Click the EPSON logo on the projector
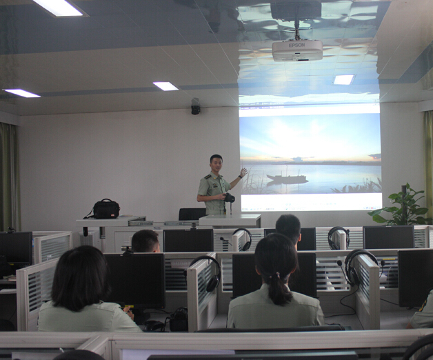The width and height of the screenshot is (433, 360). pos(296,45)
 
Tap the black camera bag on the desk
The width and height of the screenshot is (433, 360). pos(106,208)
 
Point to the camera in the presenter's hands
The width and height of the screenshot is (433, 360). pos(229,198)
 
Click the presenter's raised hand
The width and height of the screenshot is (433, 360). pos(243,172)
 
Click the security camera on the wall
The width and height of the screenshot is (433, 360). pos(195,106)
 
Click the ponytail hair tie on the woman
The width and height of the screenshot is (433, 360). pos(277,274)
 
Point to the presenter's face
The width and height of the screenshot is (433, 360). pos(216,165)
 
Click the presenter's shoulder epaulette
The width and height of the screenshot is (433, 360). pos(208,177)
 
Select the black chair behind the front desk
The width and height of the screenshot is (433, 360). pos(192,214)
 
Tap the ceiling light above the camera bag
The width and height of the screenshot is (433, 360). pos(165,86)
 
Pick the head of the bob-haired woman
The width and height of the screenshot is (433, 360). pos(81,277)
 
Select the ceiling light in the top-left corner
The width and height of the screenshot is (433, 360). pos(59,7)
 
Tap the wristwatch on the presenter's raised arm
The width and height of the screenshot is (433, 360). pos(240,177)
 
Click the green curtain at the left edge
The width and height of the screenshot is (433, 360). pos(9,177)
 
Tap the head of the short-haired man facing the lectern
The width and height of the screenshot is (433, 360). pos(145,241)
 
